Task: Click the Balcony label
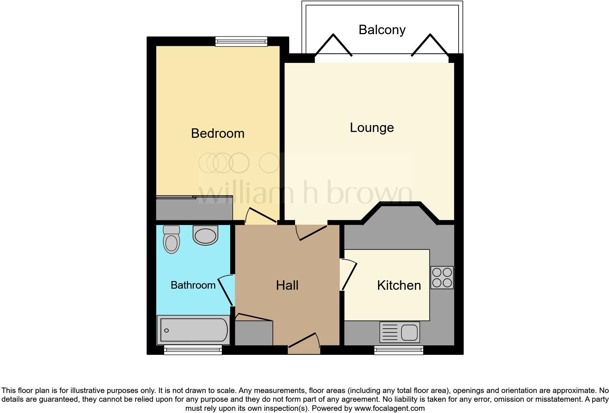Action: (382, 30)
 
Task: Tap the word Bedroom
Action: (217, 133)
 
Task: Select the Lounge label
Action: (372, 128)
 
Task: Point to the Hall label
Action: (287, 285)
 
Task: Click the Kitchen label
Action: (399, 285)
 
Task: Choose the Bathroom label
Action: (193, 285)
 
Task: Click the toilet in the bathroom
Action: (172, 240)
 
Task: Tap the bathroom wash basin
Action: (205, 235)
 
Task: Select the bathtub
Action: (193, 330)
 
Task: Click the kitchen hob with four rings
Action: (442, 277)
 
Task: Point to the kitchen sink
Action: (400, 332)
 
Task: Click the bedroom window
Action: (241, 41)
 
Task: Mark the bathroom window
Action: (193, 350)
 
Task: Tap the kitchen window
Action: (398, 350)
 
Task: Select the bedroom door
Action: (261, 216)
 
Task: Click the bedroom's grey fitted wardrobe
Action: (194, 209)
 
